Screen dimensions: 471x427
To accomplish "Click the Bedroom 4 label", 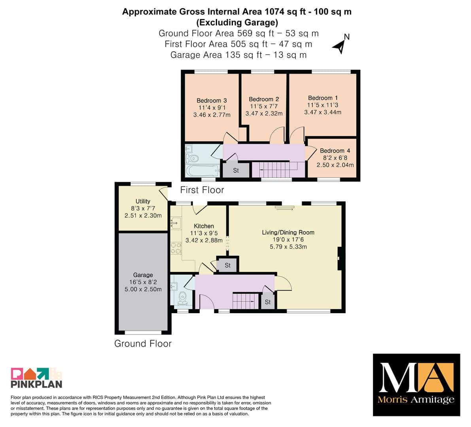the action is coord(335,151).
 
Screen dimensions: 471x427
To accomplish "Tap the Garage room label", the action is coord(143,275).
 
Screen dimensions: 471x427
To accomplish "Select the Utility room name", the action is coord(143,201).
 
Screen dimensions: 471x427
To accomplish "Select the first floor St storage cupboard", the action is coord(236,170).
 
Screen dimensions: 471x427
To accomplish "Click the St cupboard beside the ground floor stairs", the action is coord(268,302).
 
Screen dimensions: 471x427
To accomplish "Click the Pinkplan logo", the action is coord(36,378).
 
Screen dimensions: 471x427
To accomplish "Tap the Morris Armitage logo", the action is coord(416,385).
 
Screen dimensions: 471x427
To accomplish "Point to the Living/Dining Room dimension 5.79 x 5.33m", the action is coord(288,247).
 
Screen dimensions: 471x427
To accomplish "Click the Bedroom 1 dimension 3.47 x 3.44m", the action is coord(323,112).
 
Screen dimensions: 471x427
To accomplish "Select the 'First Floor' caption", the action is coord(202,190).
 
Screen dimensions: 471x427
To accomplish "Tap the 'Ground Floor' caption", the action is coord(143,344).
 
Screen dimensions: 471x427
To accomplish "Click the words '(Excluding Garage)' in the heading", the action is coord(237,23).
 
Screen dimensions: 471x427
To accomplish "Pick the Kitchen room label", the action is coord(204,226).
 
